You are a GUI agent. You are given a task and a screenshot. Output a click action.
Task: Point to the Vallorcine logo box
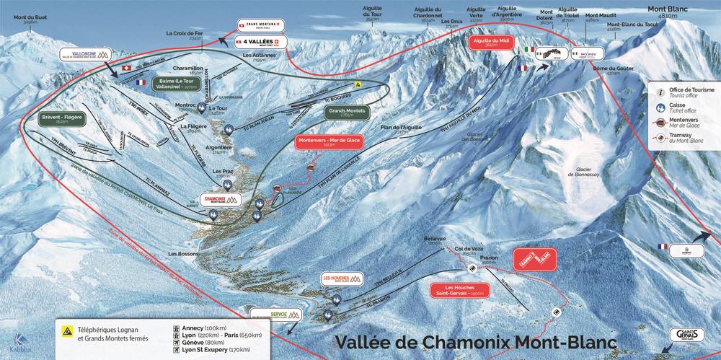[x=84, y=55]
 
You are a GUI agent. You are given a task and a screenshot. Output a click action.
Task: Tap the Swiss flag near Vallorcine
[x=128, y=69]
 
